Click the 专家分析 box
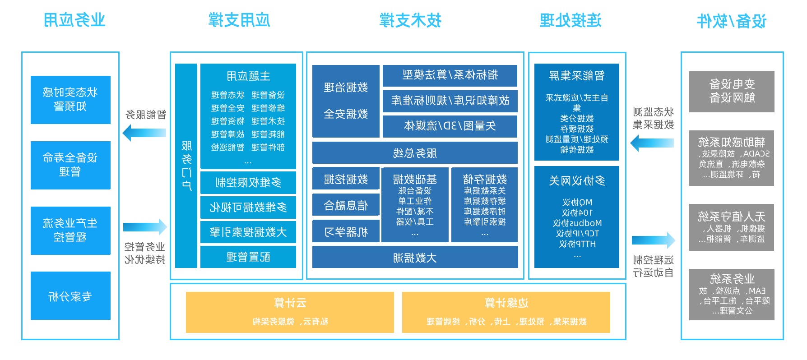(x=70, y=296)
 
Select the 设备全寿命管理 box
(x=70, y=165)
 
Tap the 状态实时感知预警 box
(x=70, y=100)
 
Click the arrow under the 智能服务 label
(x=144, y=133)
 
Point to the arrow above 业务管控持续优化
(x=145, y=227)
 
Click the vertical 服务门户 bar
(x=186, y=166)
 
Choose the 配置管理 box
(x=248, y=257)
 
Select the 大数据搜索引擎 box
(x=248, y=232)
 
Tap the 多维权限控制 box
(x=248, y=183)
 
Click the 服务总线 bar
(x=415, y=153)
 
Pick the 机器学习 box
(x=346, y=232)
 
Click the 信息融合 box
(x=346, y=206)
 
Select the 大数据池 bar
(x=415, y=258)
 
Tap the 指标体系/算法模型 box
(x=450, y=75)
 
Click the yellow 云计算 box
(x=290, y=312)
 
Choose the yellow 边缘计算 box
(x=506, y=312)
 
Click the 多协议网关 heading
(x=577, y=181)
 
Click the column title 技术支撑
(x=410, y=20)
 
